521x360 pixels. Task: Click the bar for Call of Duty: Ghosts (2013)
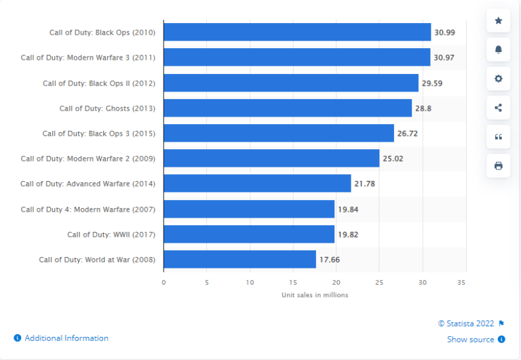coord(288,108)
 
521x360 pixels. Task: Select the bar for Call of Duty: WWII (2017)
coord(249,235)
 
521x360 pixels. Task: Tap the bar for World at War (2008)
coord(239,260)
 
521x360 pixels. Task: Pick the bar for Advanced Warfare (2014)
coord(257,184)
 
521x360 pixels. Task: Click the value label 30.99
coord(444,33)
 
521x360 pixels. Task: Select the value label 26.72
coord(407,134)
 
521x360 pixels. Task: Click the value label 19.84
coord(347,209)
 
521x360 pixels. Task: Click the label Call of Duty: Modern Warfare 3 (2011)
coord(88,58)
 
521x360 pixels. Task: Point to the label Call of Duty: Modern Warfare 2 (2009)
coord(88,159)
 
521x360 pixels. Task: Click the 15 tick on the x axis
coord(293,281)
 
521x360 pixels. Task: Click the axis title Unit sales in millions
coord(315,295)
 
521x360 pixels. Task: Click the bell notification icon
coord(499,49)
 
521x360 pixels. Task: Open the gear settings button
coord(499,79)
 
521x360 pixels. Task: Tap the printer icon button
coord(499,165)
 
